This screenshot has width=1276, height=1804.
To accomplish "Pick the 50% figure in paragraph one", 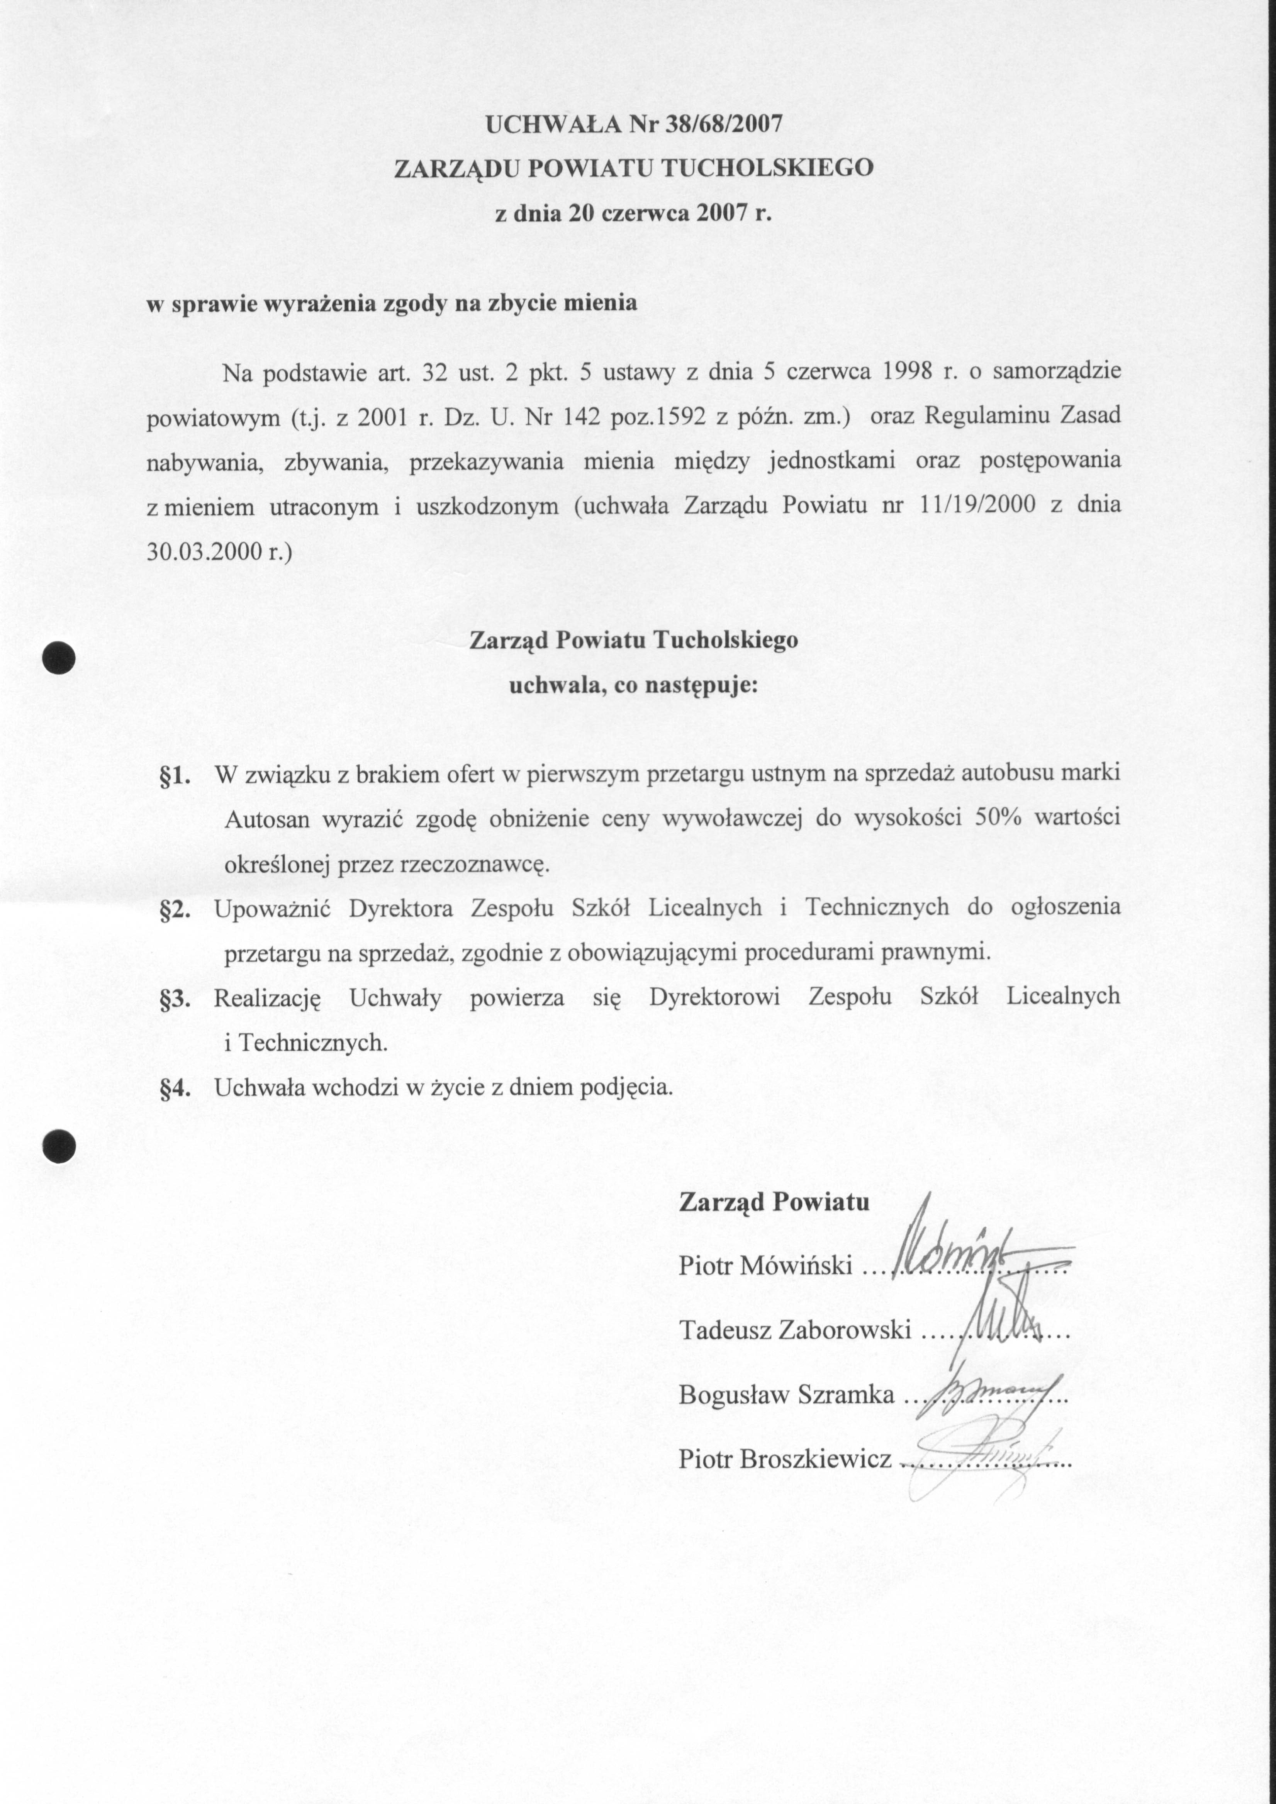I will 997,817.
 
